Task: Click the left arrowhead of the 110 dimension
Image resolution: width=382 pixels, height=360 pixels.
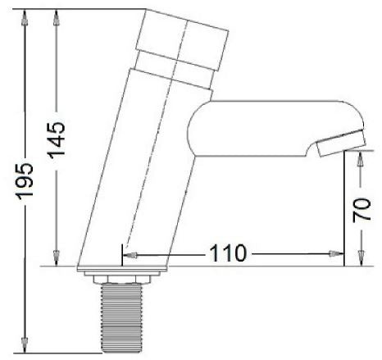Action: click(x=130, y=255)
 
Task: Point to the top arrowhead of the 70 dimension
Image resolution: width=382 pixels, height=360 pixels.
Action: click(x=360, y=155)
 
